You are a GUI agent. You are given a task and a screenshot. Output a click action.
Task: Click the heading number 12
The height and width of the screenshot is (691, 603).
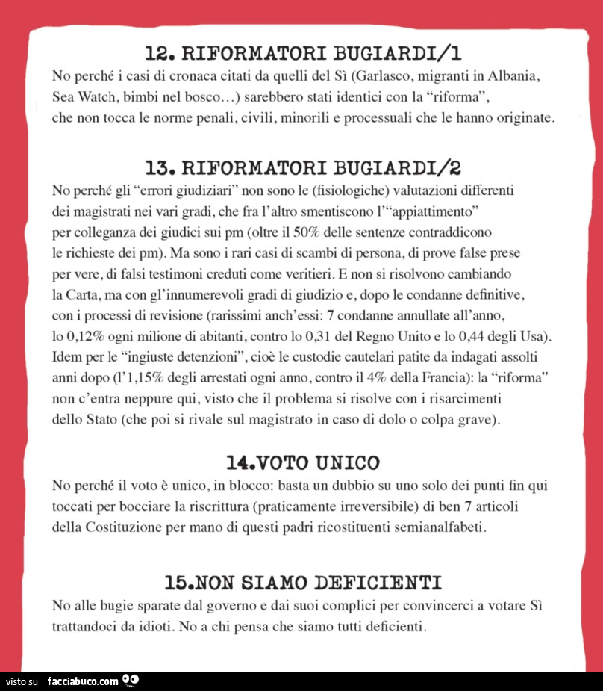158,53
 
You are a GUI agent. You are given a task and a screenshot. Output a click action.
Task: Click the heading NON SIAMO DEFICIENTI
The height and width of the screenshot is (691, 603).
324,582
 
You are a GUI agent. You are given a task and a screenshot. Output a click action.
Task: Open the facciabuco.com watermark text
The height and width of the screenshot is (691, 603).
83,681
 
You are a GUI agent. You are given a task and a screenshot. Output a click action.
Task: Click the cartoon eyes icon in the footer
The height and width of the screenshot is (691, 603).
131,681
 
